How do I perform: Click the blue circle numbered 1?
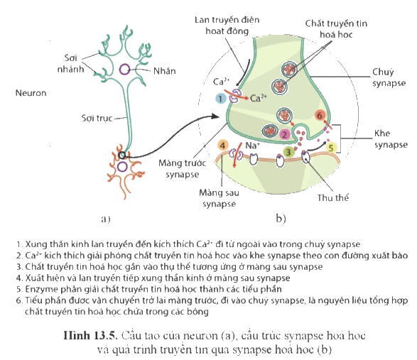pyautogui.click(x=220, y=99)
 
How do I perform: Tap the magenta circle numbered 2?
pyautogui.click(x=284, y=134)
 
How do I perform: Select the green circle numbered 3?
pyautogui.click(x=288, y=152)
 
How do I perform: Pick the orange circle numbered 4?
pyautogui.click(x=222, y=145)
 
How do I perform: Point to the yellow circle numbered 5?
pyautogui.click(x=331, y=148)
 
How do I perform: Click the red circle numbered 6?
pyautogui.click(x=320, y=116)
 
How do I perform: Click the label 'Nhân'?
pyautogui.click(x=165, y=71)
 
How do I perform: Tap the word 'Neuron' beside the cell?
pyautogui.click(x=31, y=93)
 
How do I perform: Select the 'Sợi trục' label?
pyautogui.click(x=97, y=118)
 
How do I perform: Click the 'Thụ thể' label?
pyautogui.click(x=333, y=197)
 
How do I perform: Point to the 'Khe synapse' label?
pyautogui.click(x=391, y=138)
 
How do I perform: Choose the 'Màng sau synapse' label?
pyautogui.click(x=219, y=198)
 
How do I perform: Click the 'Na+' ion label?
pyautogui.click(x=252, y=146)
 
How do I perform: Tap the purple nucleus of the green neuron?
pyautogui.click(x=124, y=70)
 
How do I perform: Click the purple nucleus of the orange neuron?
pyautogui.click(x=122, y=167)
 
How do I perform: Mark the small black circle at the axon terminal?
pyautogui.click(x=121, y=155)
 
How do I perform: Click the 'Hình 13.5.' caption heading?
pyautogui.click(x=90, y=336)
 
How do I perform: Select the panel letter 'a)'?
pyautogui.click(x=106, y=219)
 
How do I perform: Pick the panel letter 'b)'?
pyautogui.click(x=281, y=218)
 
